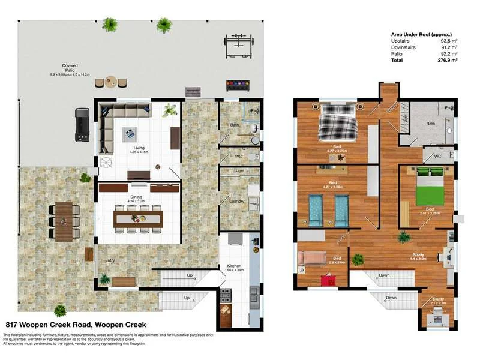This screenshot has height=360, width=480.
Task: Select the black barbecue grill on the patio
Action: click(x=83, y=124)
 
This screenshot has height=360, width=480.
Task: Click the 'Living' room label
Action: click(x=139, y=148)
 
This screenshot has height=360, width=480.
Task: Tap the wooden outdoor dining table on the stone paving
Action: click(x=65, y=219)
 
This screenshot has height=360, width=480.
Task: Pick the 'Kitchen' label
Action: click(x=233, y=266)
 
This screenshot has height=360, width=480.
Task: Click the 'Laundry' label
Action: click(x=236, y=202)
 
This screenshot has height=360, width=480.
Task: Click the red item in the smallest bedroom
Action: click(x=328, y=280)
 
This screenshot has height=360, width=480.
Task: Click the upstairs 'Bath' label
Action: click(x=430, y=124)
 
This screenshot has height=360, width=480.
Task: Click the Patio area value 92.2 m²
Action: click(x=449, y=54)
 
